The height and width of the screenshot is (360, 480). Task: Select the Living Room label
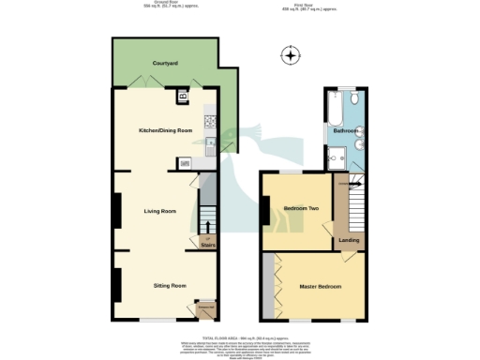[x=159, y=211]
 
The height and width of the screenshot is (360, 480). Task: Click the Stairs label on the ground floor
[x=208, y=246]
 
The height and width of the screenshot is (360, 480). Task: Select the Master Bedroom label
[x=319, y=285]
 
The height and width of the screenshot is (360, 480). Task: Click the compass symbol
[x=292, y=57]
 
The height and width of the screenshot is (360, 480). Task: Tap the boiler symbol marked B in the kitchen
[x=183, y=96]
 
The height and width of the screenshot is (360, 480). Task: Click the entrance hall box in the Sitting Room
[x=205, y=310]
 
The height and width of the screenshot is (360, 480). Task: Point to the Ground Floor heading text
[x=152, y=6]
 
